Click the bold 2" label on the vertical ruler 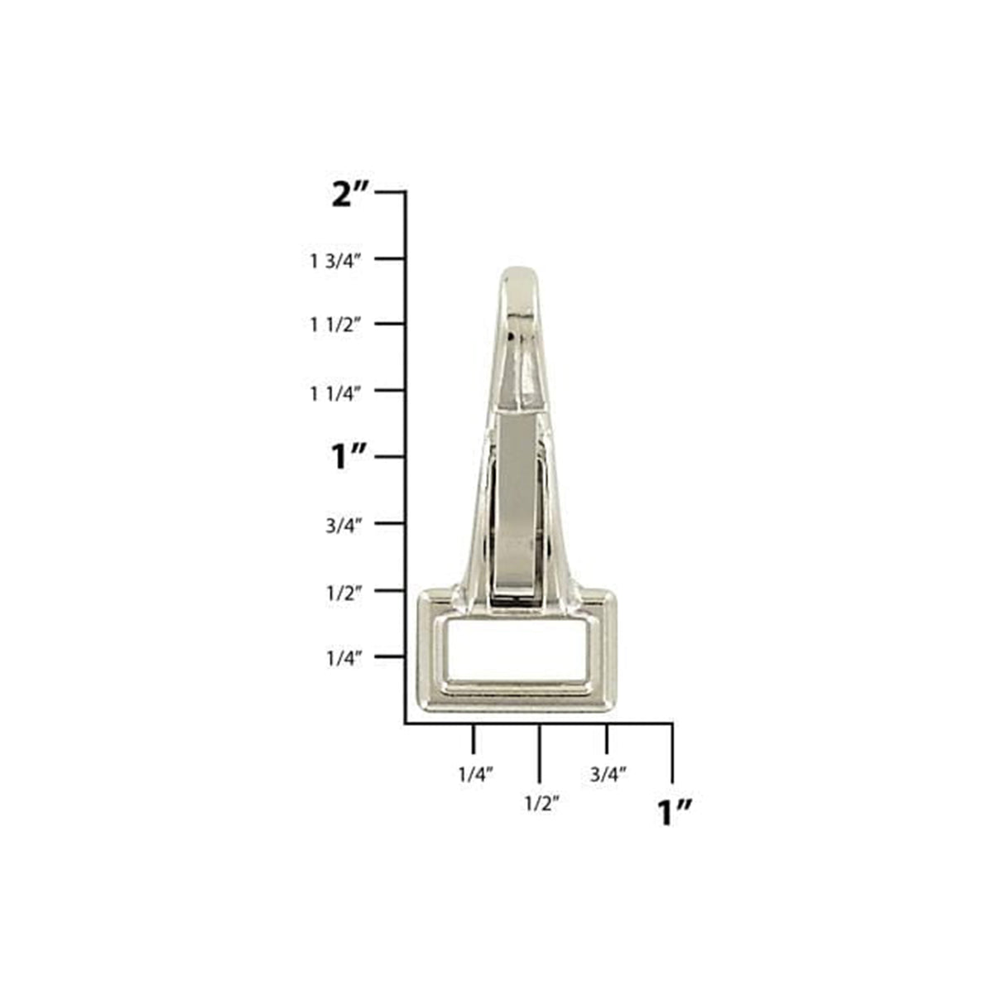(x=350, y=195)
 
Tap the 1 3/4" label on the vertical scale (x=336, y=261)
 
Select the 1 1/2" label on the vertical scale (x=336, y=325)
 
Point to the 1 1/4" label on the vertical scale (x=336, y=394)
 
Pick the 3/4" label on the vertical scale (x=344, y=527)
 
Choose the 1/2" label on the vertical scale (x=344, y=593)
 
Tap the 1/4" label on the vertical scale (x=344, y=659)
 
